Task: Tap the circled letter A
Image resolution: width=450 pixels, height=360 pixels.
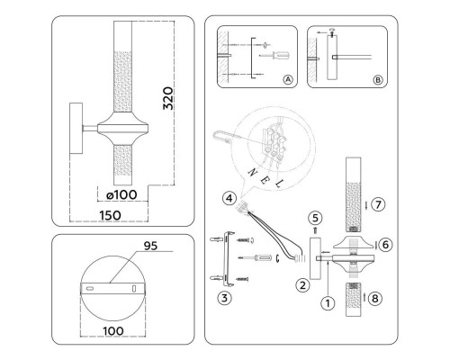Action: tap(288, 80)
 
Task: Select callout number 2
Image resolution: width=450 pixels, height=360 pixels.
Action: tap(303, 286)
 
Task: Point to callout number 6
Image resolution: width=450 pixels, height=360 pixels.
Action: tap(386, 244)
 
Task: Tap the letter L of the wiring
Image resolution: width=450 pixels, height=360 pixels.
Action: tap(282, 184)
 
